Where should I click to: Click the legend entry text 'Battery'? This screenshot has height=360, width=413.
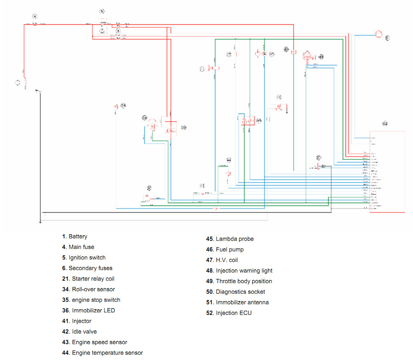(78, 237)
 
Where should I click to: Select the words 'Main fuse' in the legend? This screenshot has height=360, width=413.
(81, 247)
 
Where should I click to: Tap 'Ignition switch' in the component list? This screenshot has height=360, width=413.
(87, 258)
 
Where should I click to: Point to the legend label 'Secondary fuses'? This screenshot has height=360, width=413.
(90, 268)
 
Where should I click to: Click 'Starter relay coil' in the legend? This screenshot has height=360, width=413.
(93, 279)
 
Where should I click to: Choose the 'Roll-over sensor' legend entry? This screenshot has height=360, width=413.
(93, 289)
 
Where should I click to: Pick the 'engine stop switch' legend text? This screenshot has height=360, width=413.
(96, 300)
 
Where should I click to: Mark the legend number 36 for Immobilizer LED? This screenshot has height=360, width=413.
(65, 311)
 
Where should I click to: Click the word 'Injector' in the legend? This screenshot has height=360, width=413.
(82, 321)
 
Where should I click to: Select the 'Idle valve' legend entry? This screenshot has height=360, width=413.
(84, 332)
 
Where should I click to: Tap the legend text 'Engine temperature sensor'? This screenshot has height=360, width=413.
(107, 353)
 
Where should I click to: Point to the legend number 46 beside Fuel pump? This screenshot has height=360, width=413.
(210, 250)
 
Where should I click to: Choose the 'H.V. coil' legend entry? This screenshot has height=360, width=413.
(227, 260)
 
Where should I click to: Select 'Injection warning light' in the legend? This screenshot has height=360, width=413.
(244, 271)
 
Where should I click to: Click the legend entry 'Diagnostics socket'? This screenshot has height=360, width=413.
(240, 292)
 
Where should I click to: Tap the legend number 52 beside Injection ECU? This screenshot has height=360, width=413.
(210, 313)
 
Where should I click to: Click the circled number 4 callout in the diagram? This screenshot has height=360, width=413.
(35, 16)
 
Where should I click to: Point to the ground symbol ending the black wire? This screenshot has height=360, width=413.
(40, 222)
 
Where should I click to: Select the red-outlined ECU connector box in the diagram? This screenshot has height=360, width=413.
(387, 172)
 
